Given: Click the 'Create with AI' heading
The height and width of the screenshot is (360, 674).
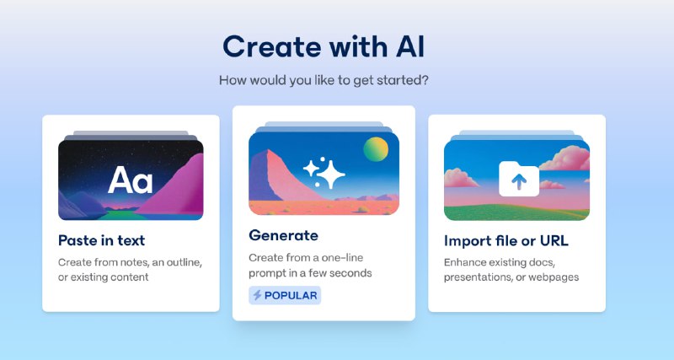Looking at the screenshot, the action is [x=324, y=46].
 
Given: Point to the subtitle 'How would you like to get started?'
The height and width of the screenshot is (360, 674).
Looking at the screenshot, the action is [x=324, y=80].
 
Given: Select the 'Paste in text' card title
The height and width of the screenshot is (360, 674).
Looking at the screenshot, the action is [x=101, y=240].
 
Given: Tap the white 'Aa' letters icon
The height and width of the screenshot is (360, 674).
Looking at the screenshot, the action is [x=130, y=180].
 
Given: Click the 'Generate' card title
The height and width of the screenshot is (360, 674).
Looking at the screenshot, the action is [x=283, y=235].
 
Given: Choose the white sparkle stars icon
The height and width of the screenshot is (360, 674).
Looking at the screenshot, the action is [x=324, y=174].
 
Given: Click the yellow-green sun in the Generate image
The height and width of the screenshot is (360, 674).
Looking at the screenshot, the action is [x=376, y=149].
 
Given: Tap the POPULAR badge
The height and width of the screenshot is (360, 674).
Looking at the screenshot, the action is [x=285, y=295].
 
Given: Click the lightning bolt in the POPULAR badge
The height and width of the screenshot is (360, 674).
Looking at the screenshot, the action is [x=257, y=295].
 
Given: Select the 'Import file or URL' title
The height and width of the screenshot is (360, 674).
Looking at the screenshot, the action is [x=506, y=241].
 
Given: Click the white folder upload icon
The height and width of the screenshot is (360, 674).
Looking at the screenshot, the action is [x=519, y=179].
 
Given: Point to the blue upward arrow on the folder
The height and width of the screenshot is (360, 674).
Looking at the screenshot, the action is [x=519, y=181].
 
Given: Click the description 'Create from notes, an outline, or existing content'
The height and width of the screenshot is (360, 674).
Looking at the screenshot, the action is [x=130, y=270].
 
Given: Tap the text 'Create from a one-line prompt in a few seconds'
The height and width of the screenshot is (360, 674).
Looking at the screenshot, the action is [x=310, y=265].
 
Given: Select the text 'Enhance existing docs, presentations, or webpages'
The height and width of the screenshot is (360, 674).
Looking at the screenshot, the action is [x=511, y=270].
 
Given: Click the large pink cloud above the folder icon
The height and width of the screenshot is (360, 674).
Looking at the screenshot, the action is [x=565, y=158].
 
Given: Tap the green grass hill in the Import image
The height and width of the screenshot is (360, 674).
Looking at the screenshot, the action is [x=516, y=212].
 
